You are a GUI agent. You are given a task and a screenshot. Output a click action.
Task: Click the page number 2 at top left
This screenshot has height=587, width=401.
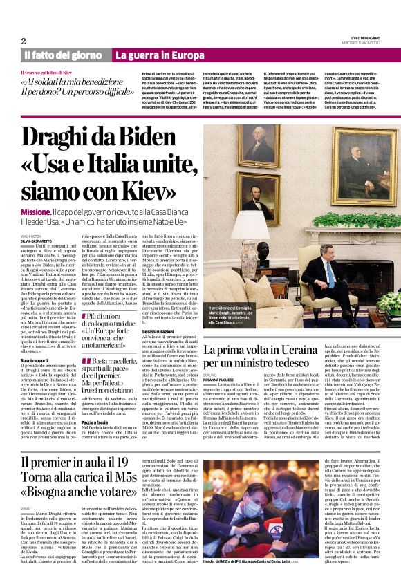[x=23, y=40]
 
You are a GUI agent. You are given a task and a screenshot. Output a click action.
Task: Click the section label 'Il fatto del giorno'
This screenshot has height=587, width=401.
[x=62, y=55]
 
